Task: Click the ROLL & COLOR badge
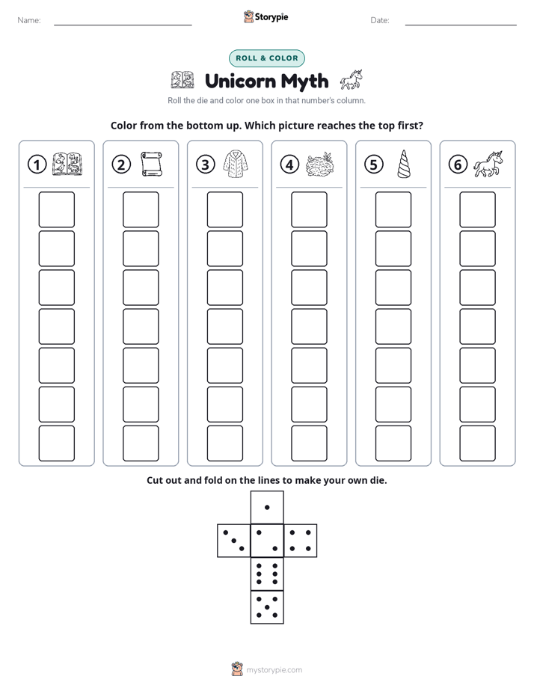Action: click(266, 58)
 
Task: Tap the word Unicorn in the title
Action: click(241, 81)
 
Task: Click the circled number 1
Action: click(37, 165)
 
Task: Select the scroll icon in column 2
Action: click(152, 164)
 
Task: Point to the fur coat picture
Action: click(236, 164)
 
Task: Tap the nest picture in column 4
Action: click(320, 165)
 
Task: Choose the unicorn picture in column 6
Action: click(488, 164)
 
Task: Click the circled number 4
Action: click(289, 165)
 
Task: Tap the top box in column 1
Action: click(56, 209)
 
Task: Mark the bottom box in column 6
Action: click(477, 443)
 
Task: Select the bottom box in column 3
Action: click(224, 443)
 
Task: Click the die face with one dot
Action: click(267, 508)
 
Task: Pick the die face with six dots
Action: click(267, 574)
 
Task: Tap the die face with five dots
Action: click(267, 607)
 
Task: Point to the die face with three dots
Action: click(234, 541)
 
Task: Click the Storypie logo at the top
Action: click(266, 17)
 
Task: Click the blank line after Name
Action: click(123, 25)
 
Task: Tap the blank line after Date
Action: click(461, 25)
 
